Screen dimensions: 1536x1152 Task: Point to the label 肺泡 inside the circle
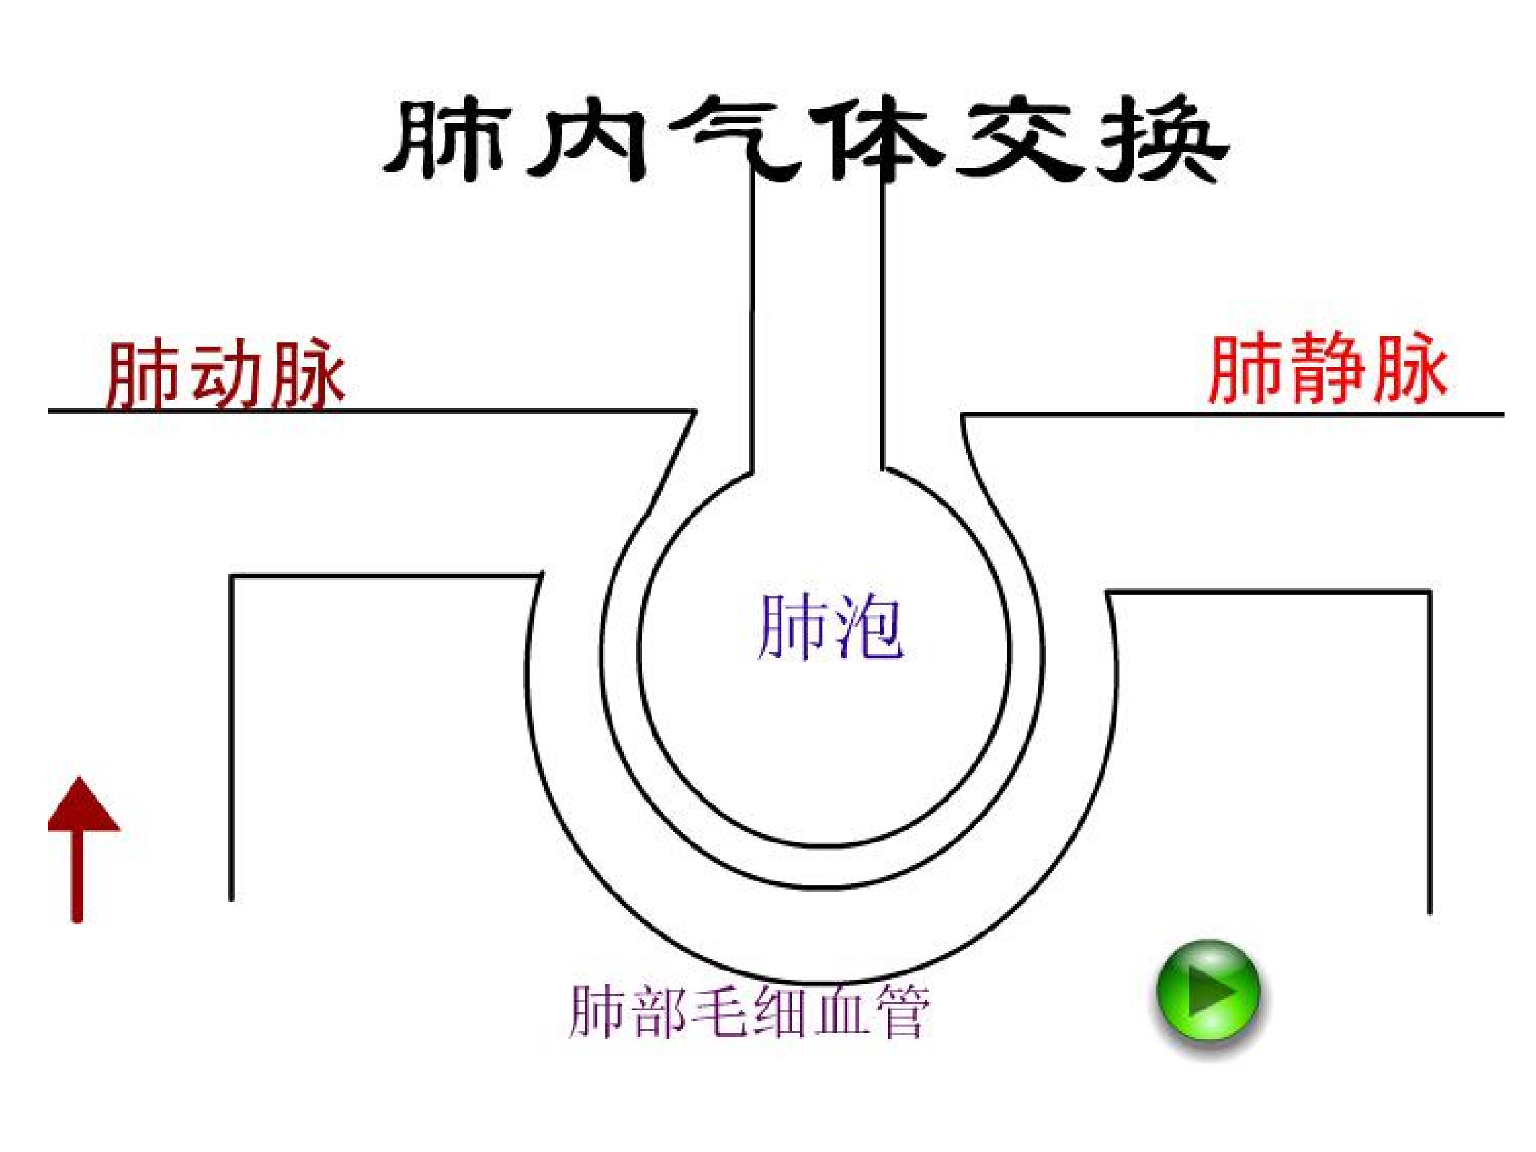[x=830, y=628]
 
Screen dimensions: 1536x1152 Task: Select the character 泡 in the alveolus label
[x=868, y=628]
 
